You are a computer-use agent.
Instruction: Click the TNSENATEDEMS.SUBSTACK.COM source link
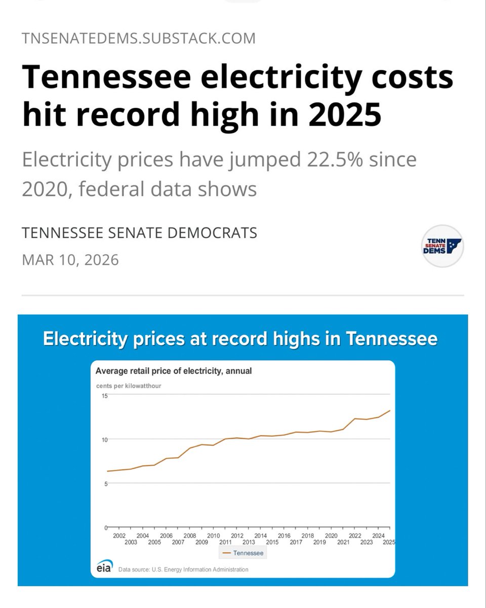tap(139, 38)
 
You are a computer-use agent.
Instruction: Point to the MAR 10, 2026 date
tap(70, 260)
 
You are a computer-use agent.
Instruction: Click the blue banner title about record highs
tap(240, 338)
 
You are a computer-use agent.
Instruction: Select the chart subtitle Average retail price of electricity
tap(174, 371)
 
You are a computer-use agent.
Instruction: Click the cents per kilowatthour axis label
tap(129, 386)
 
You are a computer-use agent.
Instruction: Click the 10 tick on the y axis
tap(104, 439)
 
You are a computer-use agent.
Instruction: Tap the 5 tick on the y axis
tap(105, 483)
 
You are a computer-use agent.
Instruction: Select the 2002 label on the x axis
tap(119, 536)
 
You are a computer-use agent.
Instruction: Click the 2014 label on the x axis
tap(260, 536)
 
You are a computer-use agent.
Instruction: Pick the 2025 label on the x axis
tap(389, 543)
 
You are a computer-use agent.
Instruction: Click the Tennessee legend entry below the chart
tap(244, 553)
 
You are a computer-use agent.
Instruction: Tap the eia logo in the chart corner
tap(105, 567)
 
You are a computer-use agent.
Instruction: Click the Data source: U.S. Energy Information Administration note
tap(183, 569)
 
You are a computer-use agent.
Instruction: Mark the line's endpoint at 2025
tap(389, 410)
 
